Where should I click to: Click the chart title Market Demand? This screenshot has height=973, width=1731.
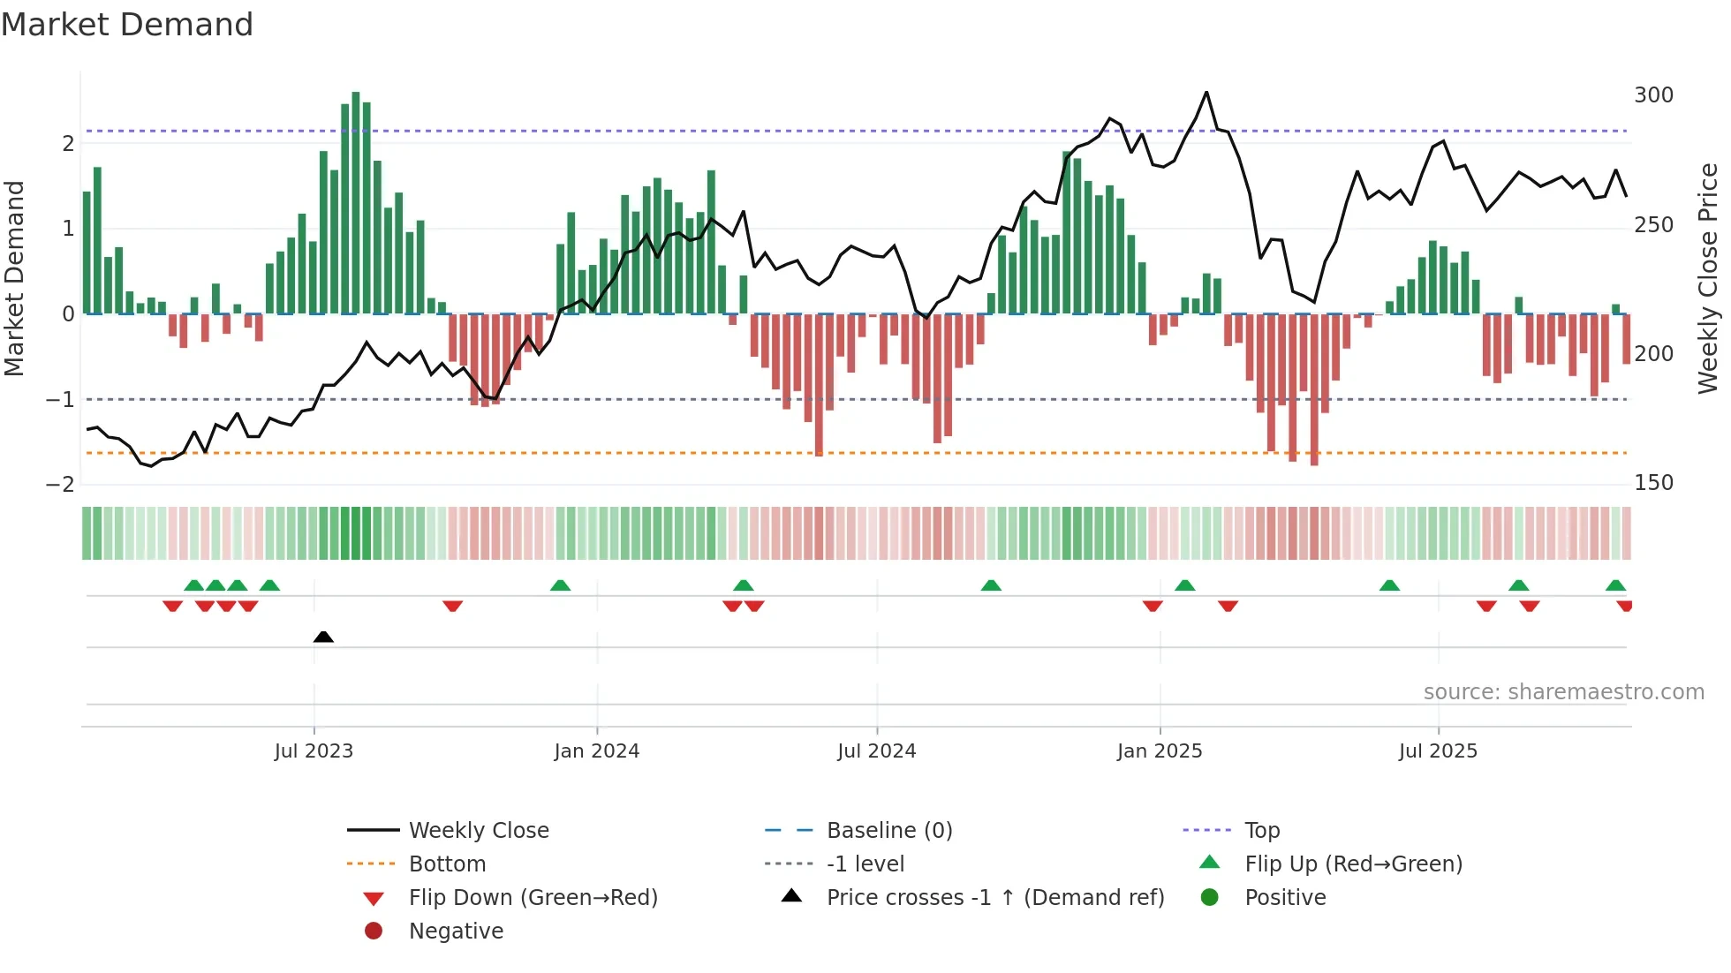pos(127,25)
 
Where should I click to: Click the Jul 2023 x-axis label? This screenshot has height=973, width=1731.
pos(314,751)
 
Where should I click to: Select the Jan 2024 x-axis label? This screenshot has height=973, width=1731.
pos(597,751)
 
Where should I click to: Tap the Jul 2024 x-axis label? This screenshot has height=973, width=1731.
pos(877,751)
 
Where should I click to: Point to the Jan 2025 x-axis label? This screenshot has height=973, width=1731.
pos(1160,751)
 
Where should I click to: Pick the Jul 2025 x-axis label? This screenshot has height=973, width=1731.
pos(1438,751)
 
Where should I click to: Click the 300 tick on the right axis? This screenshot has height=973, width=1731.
pos(1653,95)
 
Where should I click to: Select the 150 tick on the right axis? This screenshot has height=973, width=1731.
pos(1653,483)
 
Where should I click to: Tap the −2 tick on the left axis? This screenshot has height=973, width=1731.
pos(60,485)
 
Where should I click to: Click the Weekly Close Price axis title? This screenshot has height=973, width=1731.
pos(1708,278)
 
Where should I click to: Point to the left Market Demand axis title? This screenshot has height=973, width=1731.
pos(15,278)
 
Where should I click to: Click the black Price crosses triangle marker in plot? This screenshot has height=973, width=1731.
pos(323,637)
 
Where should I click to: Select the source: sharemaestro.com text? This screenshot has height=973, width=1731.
pos(1563,692)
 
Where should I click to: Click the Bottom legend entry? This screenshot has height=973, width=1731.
pos(447,864)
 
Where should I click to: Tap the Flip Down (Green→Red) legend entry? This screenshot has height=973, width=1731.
pos(533,898)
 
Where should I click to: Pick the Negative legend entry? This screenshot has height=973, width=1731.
pos(456,932)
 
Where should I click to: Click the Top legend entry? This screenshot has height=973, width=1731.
pos(1262,831)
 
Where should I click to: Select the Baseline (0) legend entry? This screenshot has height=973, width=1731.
pos(889,831)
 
